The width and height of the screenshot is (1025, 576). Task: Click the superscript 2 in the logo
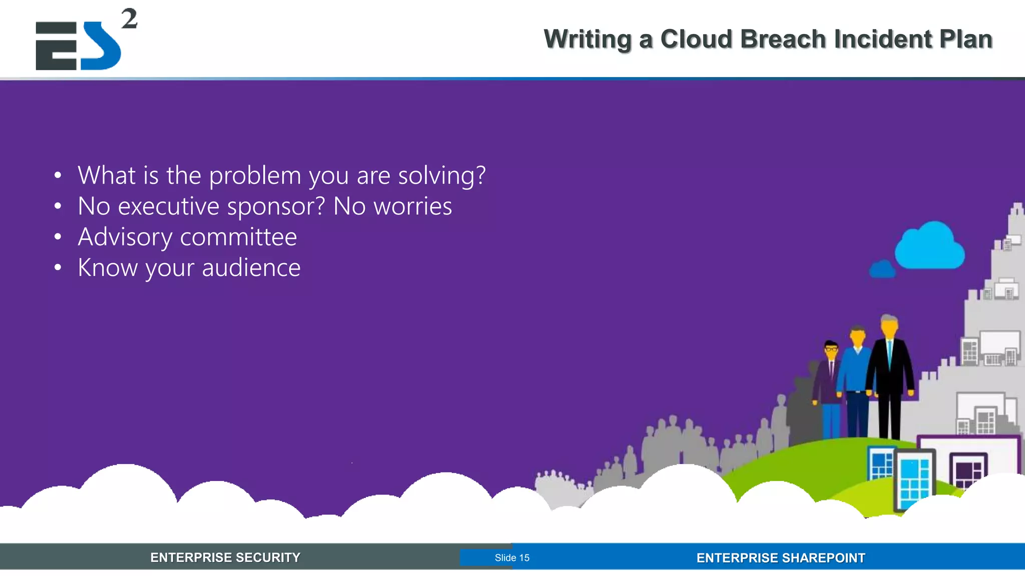point(129,19)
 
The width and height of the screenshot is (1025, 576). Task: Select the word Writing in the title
point(588,39)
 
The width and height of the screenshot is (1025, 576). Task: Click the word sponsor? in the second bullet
point(276,206)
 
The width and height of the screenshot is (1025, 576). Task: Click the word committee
point(238,237)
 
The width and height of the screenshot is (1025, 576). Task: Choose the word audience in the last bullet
point(251,268)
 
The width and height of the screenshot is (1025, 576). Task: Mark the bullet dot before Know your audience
point(58,268)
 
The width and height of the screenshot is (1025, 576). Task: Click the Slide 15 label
point(511,557)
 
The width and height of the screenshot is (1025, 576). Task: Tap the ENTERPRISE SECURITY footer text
point(225,557)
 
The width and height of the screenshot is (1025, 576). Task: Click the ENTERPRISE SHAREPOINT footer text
point(780,557)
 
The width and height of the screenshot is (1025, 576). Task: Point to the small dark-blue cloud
point(882,269)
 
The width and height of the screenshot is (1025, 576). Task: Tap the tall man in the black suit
point(890,375)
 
